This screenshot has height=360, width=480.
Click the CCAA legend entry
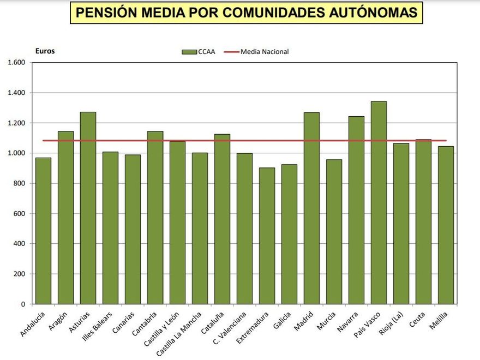click(199, 52)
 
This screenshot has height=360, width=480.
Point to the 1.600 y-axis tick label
click(16, 63)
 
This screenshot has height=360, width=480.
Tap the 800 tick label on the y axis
click(20, 183)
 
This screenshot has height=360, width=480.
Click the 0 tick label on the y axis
click(23, 304)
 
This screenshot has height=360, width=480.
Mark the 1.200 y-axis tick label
click(16, 123)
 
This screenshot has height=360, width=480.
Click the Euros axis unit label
click(45, 51)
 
